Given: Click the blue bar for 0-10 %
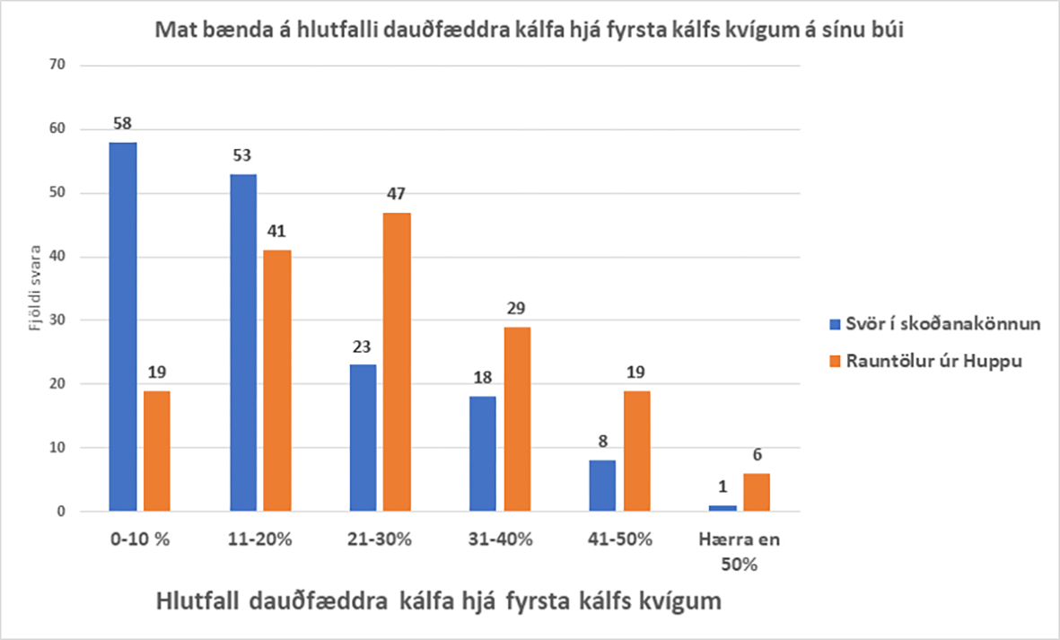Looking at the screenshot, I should [x=123, y=327].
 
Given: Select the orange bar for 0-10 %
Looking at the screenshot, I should [x=156, y=451].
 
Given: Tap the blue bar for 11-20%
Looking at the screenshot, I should [x=243, y=342].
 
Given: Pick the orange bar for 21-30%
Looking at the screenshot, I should [x=398, y=362].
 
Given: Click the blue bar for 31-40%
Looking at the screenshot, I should [x=484, y=454].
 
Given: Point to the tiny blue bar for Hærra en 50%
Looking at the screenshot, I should [x=723, y=508].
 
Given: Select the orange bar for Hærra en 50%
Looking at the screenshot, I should [x=756, y=492].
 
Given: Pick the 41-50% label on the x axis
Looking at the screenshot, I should [x=620, y=539].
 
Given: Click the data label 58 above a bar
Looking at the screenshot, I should [x=123, y=124].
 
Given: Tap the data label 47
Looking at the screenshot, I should [x=398, y=194].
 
